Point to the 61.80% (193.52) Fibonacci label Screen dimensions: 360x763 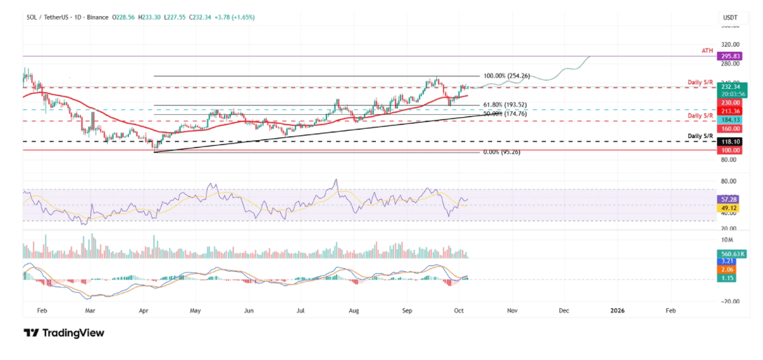[x=504, y=105]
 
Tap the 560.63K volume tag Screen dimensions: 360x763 [x=732, y=254]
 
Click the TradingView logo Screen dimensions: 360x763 [x=64, y=333]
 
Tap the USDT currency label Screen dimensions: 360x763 [x=730, y=16]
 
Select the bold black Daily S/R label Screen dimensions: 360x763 [x=699, y=135]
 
